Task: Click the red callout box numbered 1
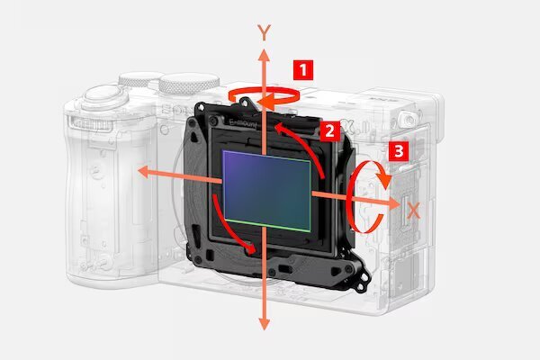tap(304, 67)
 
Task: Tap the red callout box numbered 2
tap(330, 130)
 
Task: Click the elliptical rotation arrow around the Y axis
tap(264, 94)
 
